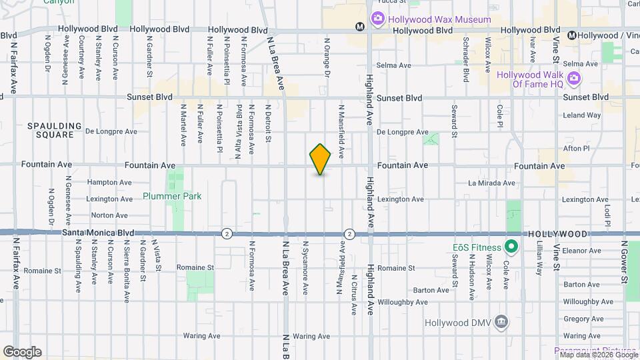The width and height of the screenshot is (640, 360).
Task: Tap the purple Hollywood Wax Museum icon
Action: coord(377,20)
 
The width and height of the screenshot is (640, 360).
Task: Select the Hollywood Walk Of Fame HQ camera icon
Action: coord(574,80)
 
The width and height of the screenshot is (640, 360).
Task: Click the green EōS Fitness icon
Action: coord(511,247)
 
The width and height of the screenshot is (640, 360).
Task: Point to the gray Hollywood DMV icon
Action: coord(501,323)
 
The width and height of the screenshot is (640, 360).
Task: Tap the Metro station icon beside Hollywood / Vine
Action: coord(572,35)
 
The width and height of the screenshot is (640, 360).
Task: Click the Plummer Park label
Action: coord(172,197)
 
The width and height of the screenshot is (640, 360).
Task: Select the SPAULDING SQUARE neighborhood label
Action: coord(55,130)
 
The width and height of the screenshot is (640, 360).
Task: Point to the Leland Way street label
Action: coord(582,115)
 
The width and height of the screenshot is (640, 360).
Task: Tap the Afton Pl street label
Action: coord(577,149)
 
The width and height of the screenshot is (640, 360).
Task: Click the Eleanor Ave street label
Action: coord(582,251)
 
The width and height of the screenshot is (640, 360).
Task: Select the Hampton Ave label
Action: coord(109,183)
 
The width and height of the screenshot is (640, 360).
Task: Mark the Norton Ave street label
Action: coord(109,215)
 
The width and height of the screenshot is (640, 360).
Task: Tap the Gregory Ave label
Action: coord(583,319)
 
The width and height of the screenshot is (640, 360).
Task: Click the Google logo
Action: coord(22,352)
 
